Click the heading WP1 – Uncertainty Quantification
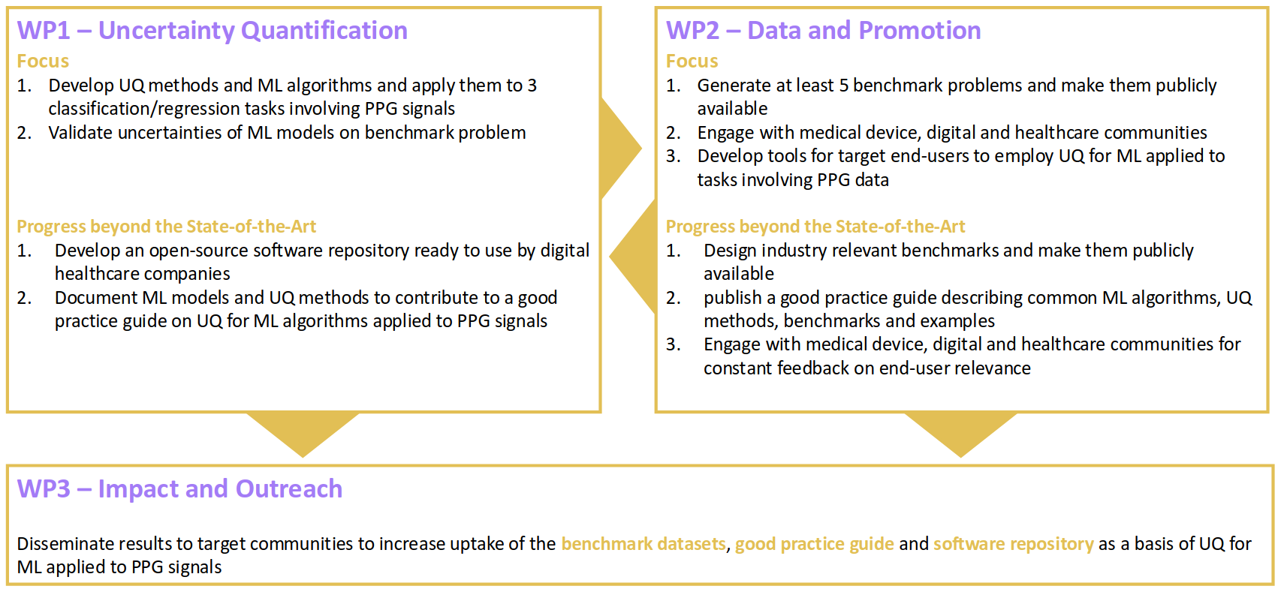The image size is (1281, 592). click(x=212, y=31)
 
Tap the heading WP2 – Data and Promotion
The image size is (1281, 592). click(x=824, y=31)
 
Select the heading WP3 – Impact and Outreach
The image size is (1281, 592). click(x=179, y=489)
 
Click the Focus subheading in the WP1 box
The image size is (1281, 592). click(x=43, y=61)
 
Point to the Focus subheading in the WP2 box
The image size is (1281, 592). click(x=692, y=61)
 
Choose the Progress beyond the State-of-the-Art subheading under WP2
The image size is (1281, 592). click(x=815, y=227)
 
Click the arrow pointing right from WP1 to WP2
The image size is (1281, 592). click(x=621, y=149)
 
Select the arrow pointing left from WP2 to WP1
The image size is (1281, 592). click(x=632, y=257)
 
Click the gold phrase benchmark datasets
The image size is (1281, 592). click(x=644, y=543)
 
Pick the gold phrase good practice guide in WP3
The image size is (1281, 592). click(x=815, y=544)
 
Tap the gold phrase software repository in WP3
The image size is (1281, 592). click(x=1014, y=544)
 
